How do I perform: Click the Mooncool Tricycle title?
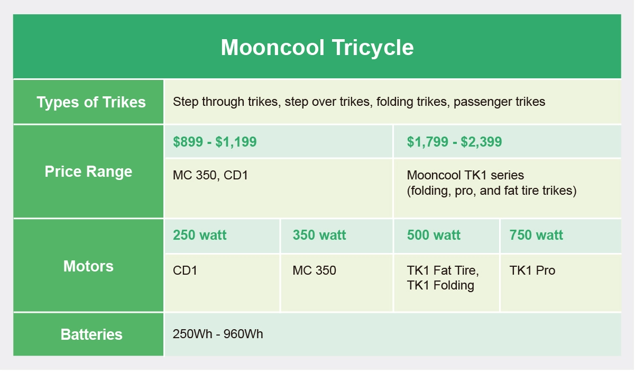(x=317, y=47)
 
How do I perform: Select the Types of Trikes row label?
(x=91, y=102)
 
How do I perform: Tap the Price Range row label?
(x=88, y=171)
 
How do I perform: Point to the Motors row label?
(x=88, y=266)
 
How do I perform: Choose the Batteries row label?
(x=91, y=334)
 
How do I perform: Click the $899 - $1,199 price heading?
(x=215, y=142)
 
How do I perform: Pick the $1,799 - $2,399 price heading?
(x=454, y=142)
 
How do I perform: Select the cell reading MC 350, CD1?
(x=210, y=175)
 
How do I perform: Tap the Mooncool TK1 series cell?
(x=491, y=183)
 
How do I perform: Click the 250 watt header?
(x=199, y=236)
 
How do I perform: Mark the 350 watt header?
(x=319, y=236)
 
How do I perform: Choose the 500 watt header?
(x=434, y=236)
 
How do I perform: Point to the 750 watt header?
(x=536, y=236)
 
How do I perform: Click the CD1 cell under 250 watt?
(x=185, y=270)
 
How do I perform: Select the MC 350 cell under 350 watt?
(x=314, y=270)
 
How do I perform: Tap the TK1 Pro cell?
(x=532, y=270)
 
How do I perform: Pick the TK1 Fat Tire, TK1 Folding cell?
(x=443, y=278)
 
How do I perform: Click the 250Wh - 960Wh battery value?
(x=218, y=334)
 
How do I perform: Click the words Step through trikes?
(x=226, y=102)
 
